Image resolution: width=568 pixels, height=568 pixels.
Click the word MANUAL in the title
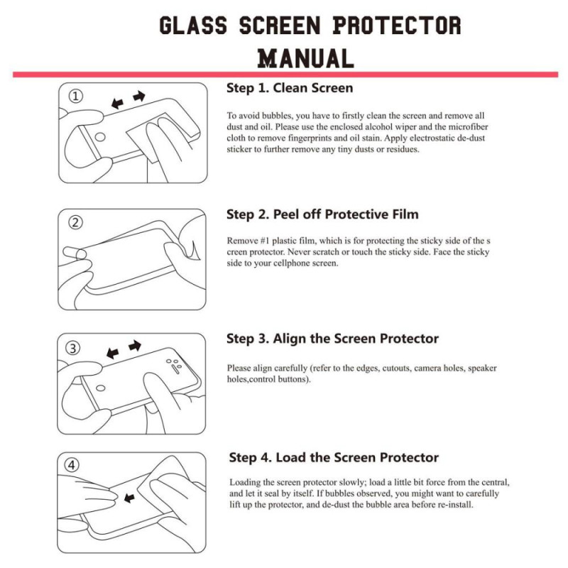point(305,58)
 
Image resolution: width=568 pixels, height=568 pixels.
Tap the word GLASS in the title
point(193,26)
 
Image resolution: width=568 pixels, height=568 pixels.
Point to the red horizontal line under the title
point(284,74)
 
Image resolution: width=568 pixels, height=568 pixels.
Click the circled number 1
point(75,96)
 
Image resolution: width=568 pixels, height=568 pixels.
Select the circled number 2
point(75,222)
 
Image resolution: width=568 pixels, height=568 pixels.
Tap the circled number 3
point(75,348)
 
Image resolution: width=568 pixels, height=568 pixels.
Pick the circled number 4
point(73,466)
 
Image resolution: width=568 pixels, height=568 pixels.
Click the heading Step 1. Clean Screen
point(290,88)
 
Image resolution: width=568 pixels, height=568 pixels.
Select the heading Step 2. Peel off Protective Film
point(322,214)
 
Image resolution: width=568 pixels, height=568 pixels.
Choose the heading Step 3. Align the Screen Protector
point(332,338)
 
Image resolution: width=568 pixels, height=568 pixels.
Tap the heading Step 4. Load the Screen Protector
point(334,457)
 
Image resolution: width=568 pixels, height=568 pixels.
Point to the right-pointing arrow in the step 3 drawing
point(134,346)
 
